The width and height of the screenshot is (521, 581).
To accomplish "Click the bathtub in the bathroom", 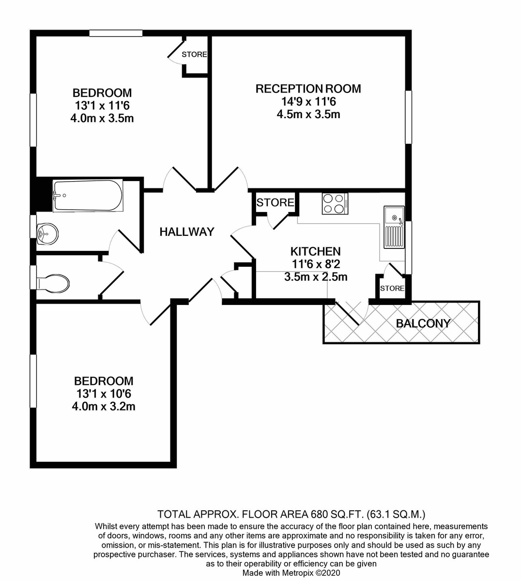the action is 88,195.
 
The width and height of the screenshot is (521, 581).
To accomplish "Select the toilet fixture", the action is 53,284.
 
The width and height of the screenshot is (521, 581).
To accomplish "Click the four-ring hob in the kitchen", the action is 335,204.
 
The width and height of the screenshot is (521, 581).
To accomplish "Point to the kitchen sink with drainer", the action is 394,227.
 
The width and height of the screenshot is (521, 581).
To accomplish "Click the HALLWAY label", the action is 187,232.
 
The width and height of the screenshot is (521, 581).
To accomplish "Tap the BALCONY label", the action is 423,323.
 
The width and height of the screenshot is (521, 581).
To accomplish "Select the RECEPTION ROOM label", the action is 308,89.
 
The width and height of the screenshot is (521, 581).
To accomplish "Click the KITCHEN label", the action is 316,251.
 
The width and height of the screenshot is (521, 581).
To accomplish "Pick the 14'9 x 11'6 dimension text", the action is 308,102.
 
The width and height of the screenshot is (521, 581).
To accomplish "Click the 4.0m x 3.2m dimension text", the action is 104,406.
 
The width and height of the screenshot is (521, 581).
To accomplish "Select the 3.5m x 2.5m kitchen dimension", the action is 316,277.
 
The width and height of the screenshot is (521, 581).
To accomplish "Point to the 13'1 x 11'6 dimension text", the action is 102,106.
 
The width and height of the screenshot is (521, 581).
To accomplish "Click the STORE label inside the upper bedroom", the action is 194,54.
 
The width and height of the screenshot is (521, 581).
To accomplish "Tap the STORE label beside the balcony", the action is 392,288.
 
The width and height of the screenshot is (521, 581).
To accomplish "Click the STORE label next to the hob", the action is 275,203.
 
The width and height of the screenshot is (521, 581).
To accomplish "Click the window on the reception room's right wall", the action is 408,117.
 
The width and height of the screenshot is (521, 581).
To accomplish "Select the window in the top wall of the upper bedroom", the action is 116,33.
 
